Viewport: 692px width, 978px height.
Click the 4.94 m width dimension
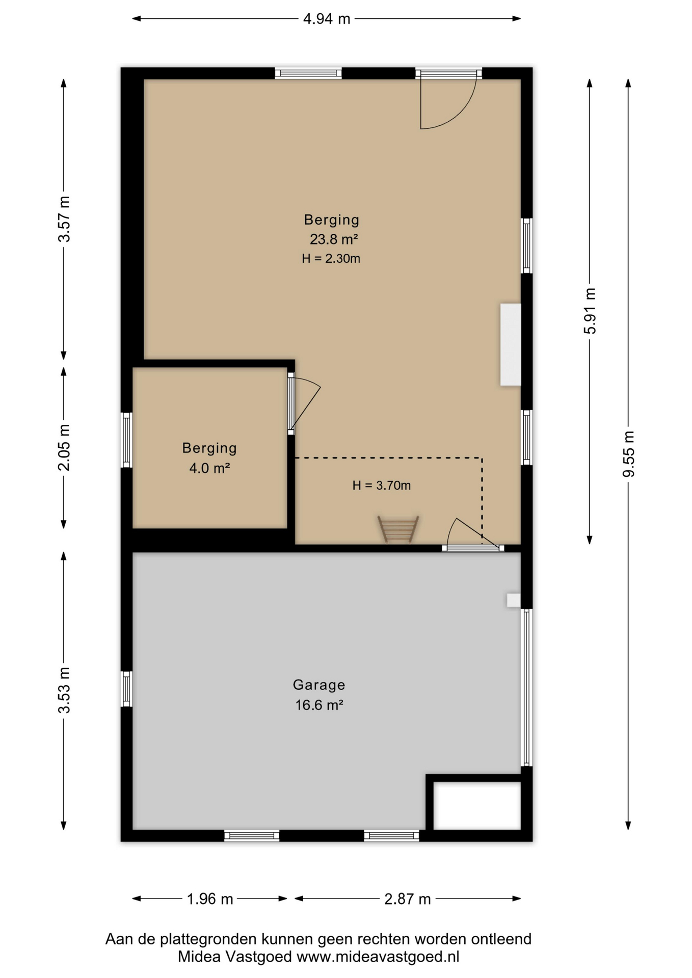[326, 19]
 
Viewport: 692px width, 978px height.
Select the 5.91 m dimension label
[590, 311]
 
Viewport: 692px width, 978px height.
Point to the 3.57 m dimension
[64, 219]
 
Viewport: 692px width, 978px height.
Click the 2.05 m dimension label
[64, 447]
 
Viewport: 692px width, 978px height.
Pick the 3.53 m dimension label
[64, 690]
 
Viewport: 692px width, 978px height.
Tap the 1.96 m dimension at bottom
[209, 899]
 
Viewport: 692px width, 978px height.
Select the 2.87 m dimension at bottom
[407, 899]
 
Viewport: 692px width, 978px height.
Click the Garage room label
[319, 685]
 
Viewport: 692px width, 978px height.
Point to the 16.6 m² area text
[319, 705]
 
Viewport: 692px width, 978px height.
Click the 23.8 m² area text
[334, 239]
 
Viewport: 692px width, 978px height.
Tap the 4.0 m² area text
[209, 468]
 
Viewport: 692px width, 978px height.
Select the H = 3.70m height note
[381, 485]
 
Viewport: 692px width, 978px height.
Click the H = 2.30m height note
[331, 259]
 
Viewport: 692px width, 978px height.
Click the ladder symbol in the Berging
[398, 529]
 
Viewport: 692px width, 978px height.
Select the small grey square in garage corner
[513, 600]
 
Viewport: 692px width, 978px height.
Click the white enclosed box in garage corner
[477, 805]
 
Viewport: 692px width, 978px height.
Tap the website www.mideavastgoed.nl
[378, 957]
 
